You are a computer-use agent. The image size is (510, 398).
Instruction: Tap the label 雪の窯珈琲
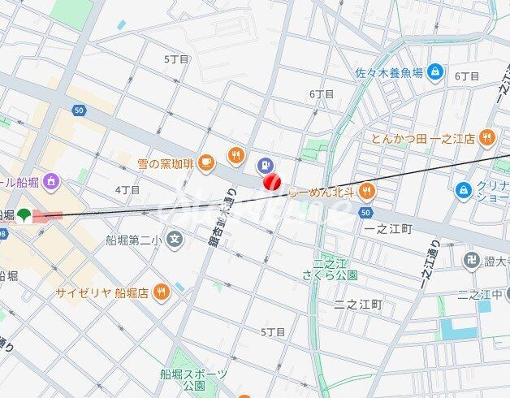click(x=166, y=163)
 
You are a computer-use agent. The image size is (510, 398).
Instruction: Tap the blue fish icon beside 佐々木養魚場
click(x=435, y=72)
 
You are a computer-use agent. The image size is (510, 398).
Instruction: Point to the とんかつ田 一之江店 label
click(x=423, y=138)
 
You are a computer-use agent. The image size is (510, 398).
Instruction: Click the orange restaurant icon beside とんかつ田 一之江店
click(x=486, y=137)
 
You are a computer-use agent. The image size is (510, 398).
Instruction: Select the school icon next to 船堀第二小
click(x=175, y=239)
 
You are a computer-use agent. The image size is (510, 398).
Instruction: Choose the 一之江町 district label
click(x=388, y=229)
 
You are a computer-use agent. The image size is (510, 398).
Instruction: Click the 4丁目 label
click(x=127, y=189)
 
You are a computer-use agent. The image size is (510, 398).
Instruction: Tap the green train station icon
click(x=26, y=216)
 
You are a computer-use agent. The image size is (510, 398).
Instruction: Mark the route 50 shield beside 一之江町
click(x=365, y=211)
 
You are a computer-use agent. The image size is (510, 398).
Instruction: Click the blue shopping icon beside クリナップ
click(x=463, y=189)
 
